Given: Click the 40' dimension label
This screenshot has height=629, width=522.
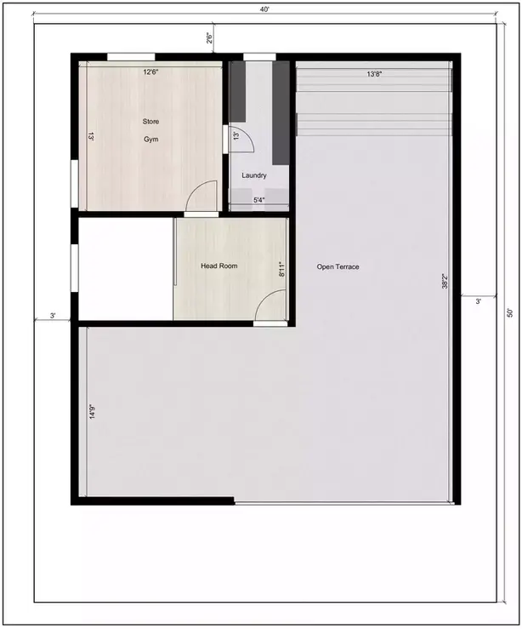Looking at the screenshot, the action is tap(264, 10).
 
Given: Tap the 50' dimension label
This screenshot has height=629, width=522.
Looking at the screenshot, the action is tap(510, 313).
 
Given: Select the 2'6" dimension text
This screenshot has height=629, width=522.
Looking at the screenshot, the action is tap(209, 37).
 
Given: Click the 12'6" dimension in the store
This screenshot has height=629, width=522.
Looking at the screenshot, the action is tap(151, 72).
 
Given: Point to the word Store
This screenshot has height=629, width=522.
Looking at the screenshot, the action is tap(150, 121).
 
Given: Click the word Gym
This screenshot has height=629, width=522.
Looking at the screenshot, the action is tap(151, 140).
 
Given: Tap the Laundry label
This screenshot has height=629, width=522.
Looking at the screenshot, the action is tap(254, 175).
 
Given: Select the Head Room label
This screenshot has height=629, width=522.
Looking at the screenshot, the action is tap(219, 266).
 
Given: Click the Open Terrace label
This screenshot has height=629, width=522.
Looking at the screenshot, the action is tap(338, 266).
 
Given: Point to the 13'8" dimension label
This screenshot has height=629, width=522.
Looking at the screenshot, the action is tap(375, 74).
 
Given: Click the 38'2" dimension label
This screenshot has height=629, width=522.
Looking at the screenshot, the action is tap(445, 281).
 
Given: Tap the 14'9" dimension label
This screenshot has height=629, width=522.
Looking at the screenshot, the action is tap(92, 412).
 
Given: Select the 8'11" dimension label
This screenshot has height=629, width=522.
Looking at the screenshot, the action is tap(281, 269).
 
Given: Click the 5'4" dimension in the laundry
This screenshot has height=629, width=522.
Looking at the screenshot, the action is tap(258, 200).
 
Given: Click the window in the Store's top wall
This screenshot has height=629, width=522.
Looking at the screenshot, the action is tap(131, 57).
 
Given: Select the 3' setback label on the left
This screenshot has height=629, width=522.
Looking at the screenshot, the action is tap(53, 316).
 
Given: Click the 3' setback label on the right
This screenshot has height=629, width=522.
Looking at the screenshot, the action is tap(478, 300).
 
